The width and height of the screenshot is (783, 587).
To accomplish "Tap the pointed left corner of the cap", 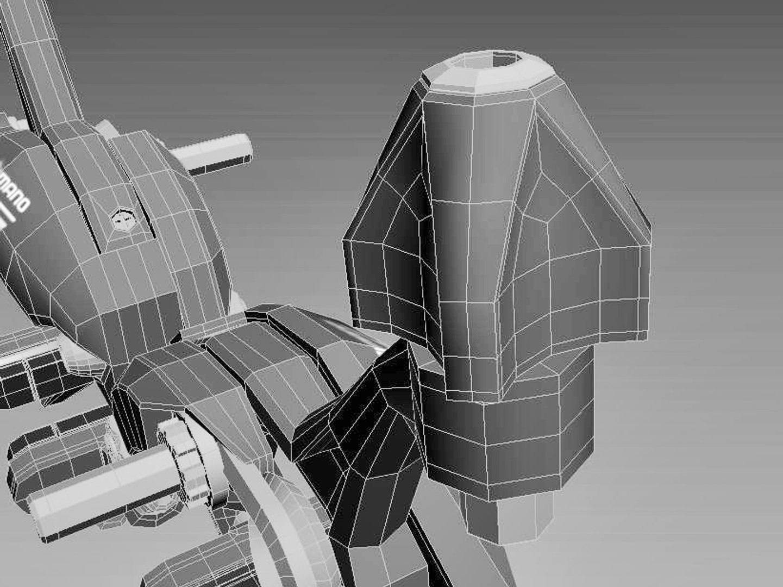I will coord(348,245).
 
